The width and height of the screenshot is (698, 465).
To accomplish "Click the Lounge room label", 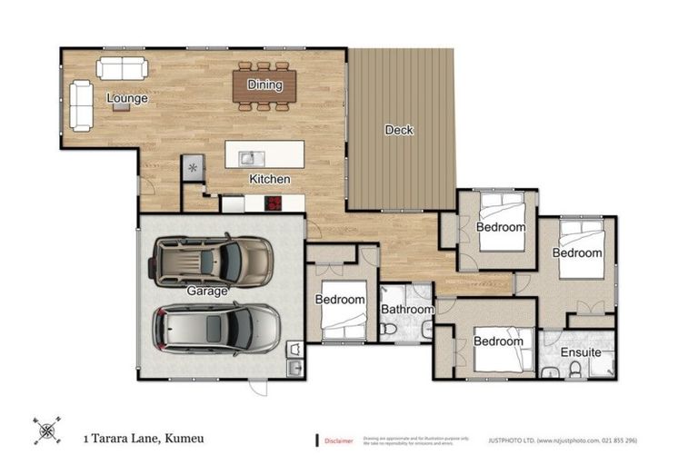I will (x=126, y=98).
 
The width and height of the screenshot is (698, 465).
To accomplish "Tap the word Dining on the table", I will (x=264, y=85).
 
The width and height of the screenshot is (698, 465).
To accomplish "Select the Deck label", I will (x=399, y=130).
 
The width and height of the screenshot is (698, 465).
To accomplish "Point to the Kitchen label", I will (x=270, y=179).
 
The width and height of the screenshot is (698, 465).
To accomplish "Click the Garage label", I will (x=207, y=292).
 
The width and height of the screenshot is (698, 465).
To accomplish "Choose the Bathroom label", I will (x=406, y=310).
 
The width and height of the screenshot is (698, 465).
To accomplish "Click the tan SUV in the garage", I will (x=212, y=261).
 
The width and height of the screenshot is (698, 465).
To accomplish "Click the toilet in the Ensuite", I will (x=574, y=369).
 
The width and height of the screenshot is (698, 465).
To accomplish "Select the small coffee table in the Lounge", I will (x=121, y=106).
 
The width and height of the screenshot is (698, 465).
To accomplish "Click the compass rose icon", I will (x=46, y=431).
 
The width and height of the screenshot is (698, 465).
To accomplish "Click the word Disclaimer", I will (x=338, y=440).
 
